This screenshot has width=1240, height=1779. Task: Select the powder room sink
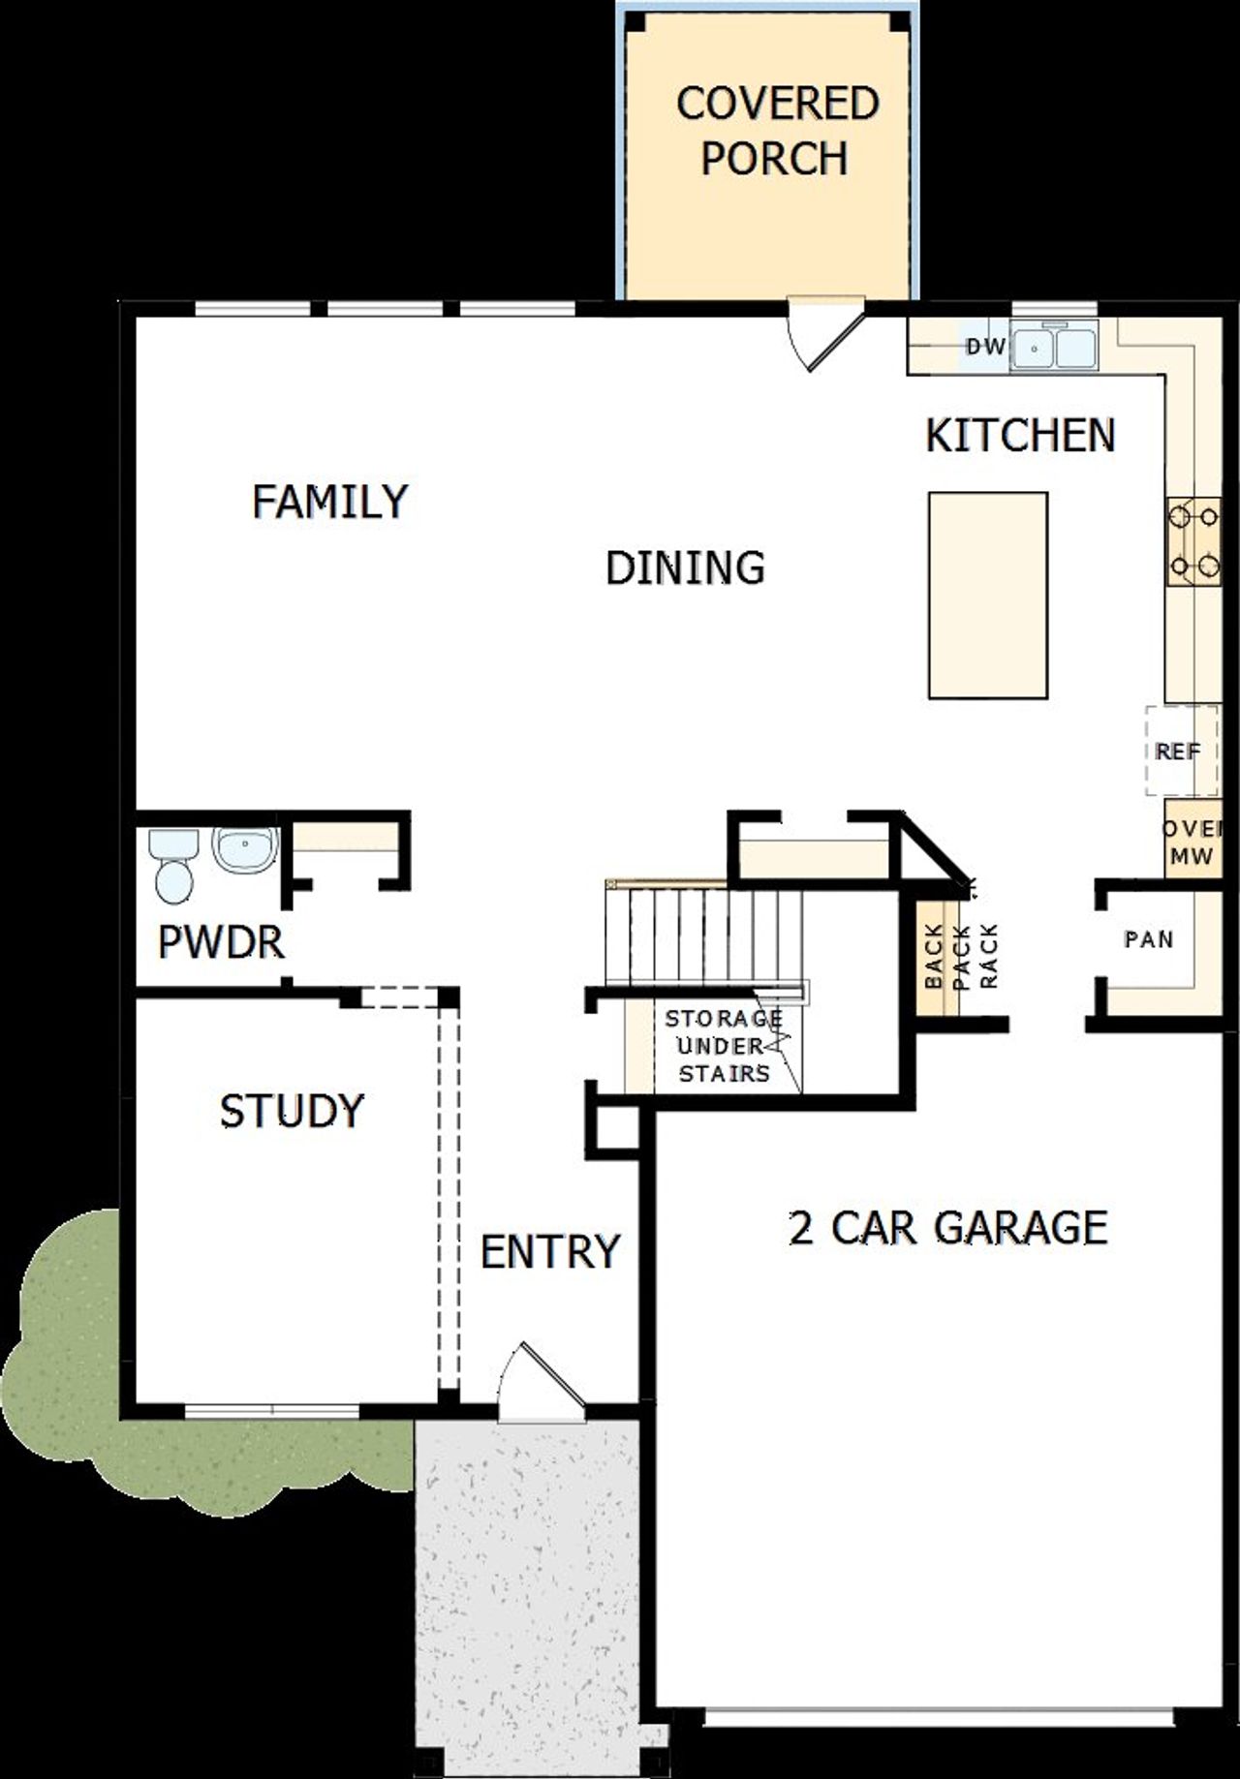(245, 848)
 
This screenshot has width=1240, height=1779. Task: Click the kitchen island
(987, 595)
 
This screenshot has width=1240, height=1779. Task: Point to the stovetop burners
(1193, 541)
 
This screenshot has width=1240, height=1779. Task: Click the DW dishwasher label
(986, 347)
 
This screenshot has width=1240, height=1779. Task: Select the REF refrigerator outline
(1180, 751)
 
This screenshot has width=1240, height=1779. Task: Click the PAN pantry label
(1148, 939)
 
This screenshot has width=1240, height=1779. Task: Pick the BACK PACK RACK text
(960, 956)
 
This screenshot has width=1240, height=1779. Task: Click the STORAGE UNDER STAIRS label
(724, 1046)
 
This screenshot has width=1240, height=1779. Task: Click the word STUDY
(292, 1111)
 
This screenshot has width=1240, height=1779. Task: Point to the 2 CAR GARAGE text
(947, 1227)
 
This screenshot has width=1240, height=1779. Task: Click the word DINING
(685, 567)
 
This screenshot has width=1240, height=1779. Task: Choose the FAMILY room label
(329, 502)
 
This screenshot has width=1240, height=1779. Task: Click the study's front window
(272, 1411)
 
